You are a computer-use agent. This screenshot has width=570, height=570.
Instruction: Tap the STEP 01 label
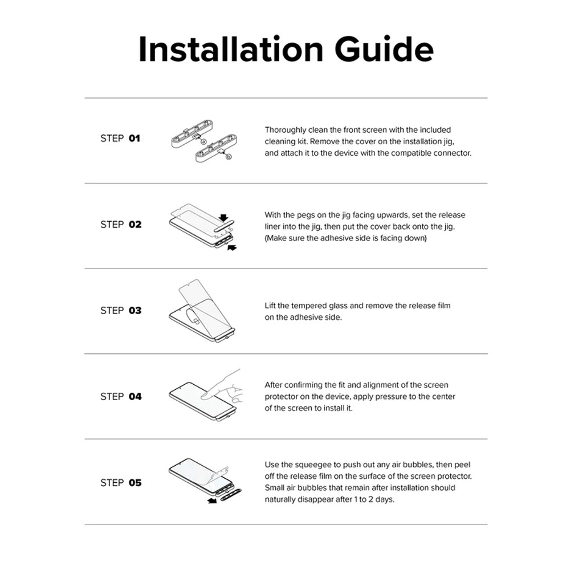click(120, 139)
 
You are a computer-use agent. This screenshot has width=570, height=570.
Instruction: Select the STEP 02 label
click(120, 225)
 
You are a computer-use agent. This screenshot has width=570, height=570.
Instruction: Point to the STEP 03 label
click(120, 311)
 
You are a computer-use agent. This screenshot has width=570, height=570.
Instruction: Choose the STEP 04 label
click(120, 397)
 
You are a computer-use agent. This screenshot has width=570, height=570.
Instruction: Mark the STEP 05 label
click(120, 483)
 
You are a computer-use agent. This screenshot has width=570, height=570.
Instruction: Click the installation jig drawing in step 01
click(202, 145)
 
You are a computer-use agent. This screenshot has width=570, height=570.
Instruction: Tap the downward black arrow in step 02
click(224, 217)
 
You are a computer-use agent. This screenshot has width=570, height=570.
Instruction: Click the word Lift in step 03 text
click(272, 306)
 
